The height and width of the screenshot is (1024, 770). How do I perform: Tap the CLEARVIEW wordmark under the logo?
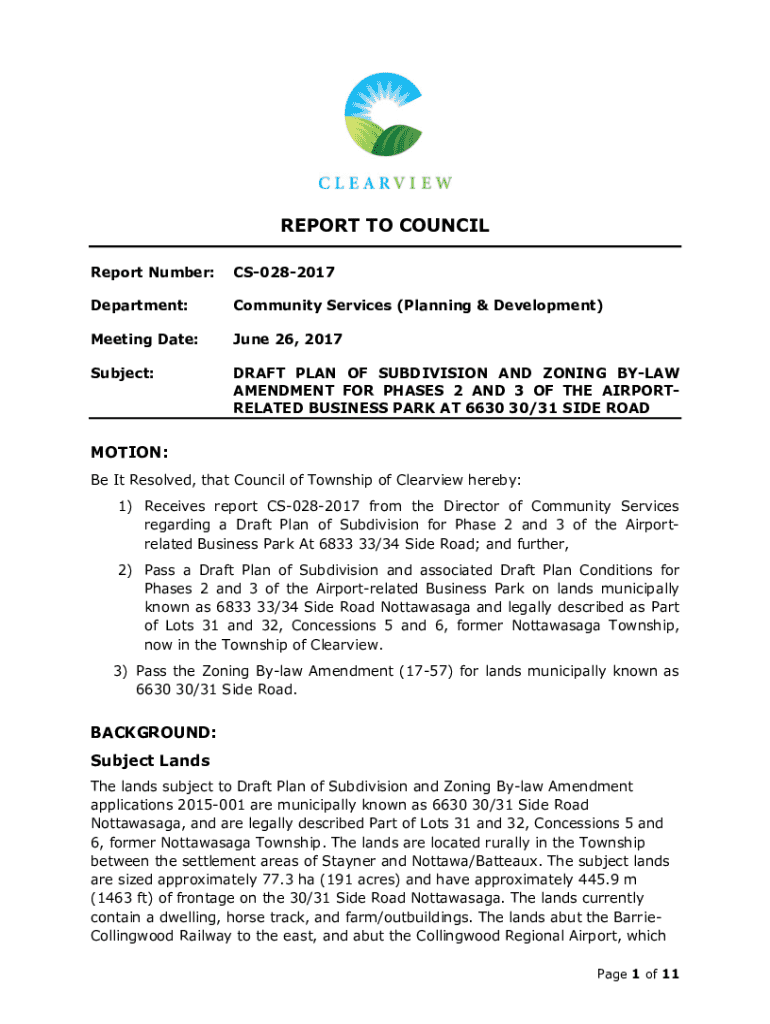[385, 183]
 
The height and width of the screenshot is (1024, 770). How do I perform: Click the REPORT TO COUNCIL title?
[385, 225]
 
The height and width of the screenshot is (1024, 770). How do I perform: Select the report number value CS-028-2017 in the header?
[283, 272]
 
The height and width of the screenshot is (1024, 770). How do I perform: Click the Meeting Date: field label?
[144, 340]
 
